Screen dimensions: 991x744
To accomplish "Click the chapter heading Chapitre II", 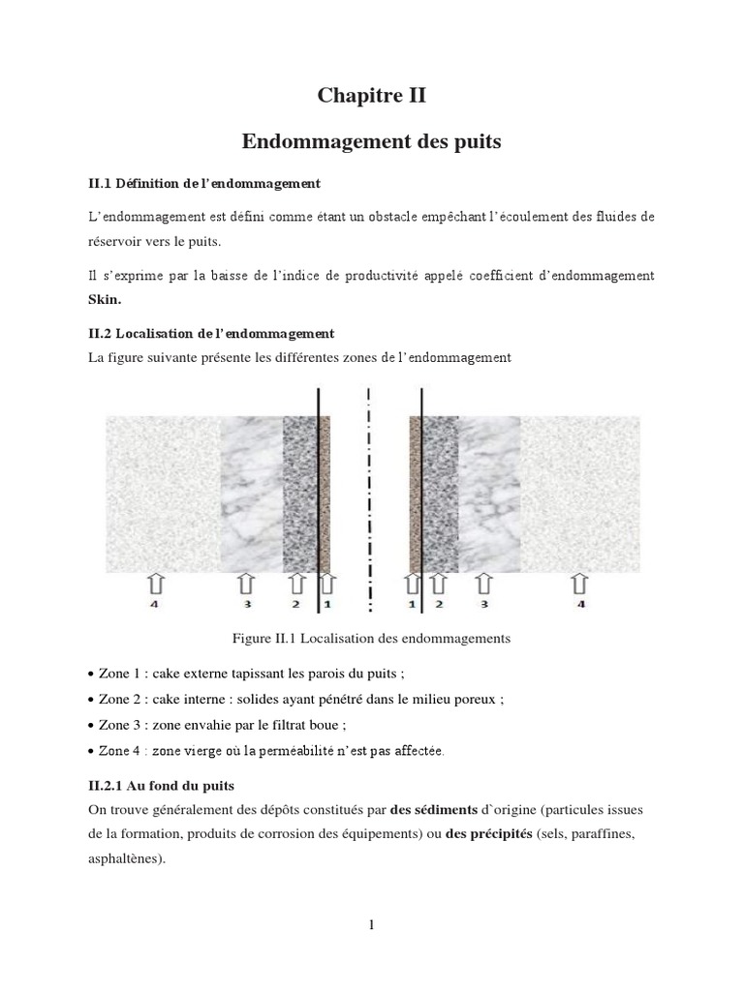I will pos(371,96).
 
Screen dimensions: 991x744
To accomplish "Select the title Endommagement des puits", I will pos(371,142).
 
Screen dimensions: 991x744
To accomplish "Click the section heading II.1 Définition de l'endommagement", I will pos(203,182).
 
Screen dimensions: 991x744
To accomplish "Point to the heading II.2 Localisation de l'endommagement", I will pos(210,333).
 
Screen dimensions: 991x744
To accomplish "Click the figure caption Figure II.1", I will pos(371,639).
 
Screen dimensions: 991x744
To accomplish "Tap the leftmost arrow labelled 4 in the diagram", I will pos(156,584).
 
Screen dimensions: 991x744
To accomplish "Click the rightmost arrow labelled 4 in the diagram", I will pos(579,584).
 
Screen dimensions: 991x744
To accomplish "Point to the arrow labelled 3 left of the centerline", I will pos(247,584).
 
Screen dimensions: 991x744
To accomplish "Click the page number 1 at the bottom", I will pos(371,925).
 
